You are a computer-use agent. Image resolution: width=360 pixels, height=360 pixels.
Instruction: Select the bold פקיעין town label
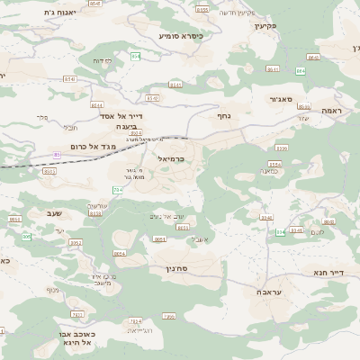coord(264,26)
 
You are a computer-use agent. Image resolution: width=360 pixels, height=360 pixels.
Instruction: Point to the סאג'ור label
coord(281,99)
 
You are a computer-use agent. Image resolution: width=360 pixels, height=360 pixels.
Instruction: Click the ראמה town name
coord(331,110)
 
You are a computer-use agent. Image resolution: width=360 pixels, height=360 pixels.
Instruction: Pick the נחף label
coord(223,115)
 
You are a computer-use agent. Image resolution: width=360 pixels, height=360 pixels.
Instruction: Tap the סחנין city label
coord(175,268)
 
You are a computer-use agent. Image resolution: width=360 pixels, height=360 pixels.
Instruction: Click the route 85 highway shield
coord(57,155)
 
